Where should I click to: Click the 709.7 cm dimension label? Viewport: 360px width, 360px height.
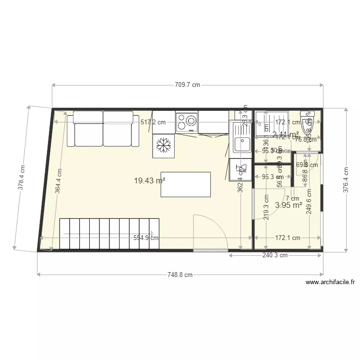[187, 85]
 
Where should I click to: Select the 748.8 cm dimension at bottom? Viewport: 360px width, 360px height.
[180, 275]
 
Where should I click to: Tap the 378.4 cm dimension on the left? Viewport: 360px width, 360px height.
[22, 178]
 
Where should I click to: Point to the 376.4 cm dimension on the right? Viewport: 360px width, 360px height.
[346, 180]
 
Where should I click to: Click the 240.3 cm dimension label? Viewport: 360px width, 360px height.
[276, 255]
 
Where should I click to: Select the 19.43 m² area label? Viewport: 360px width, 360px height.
[149, 180]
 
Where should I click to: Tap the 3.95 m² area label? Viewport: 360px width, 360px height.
[288, 205]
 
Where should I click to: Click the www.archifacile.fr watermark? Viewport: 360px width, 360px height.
[330, 283]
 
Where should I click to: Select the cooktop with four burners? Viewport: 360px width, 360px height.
[187, 122]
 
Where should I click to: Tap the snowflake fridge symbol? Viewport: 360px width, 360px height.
[164, 145]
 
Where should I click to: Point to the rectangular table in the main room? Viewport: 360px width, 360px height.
[186, 184]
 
